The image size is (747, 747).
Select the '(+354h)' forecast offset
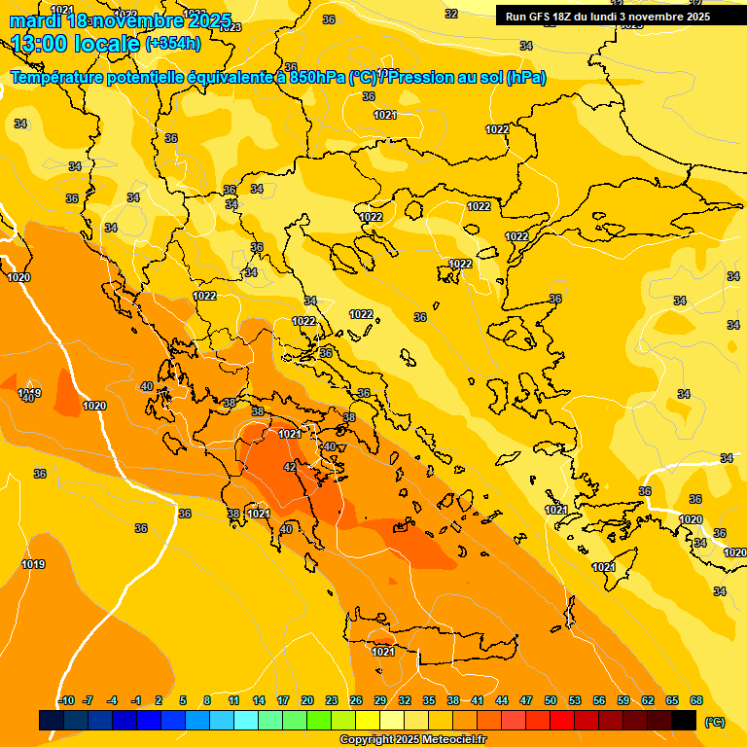pos(173,44)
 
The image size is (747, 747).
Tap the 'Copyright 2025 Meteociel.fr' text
pos(411,740)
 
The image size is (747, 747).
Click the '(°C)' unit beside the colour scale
pos(714,722)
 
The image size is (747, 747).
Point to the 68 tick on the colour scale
pos(696,700)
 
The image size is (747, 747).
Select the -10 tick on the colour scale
pos(66,700)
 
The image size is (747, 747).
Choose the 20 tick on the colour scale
pos(307,700)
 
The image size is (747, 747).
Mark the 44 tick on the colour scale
pos(502,700)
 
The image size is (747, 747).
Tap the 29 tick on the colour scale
pos(380,700)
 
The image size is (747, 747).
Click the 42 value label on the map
pos(289,468)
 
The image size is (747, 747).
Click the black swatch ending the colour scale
pos(684,721)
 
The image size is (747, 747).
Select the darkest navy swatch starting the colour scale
pos(52,721)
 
